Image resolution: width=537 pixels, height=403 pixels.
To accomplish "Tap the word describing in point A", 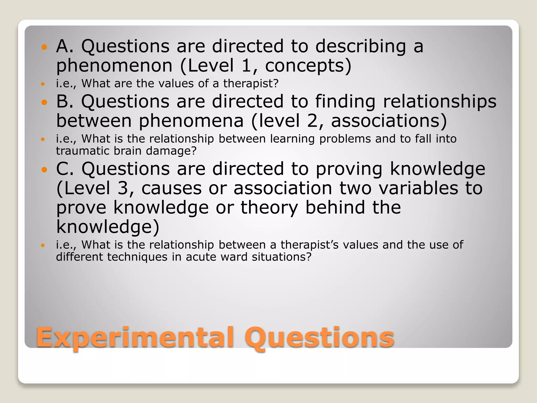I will pos(361,46).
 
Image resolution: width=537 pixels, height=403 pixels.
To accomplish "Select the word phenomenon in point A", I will pos(114,66).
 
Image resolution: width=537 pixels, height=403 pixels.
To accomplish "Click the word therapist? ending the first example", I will pos(251,83).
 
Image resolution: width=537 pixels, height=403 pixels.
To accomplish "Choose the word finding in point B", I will pos(345,102).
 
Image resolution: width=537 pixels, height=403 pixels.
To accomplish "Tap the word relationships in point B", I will pos(440,102).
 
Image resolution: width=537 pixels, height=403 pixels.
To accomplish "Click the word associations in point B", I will pos(389,121).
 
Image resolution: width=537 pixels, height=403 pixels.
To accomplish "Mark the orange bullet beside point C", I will pos(44,170).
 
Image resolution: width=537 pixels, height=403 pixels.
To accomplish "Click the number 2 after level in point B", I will pos(312,121).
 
